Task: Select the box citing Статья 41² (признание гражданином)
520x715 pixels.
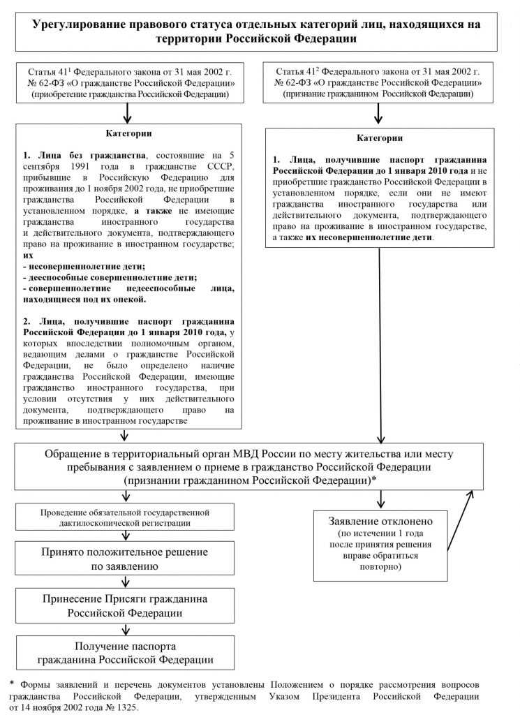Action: click(x=379, y=82)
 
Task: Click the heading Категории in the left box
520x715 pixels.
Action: click(x=128, y=133)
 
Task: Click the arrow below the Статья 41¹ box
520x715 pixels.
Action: click(x=127, y=112)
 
